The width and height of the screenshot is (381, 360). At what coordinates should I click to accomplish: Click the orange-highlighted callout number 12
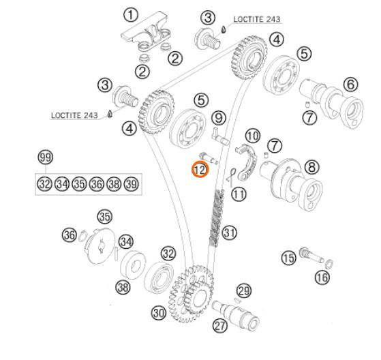pyautogui.click(x=200, y=169)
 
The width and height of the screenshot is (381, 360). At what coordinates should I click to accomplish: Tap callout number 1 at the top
pyautogui.click(x=131, y=15)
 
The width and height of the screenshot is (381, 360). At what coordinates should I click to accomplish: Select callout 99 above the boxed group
pyautogui.click(x=46, y=157)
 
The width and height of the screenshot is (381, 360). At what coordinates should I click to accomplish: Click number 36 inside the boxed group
pyautogui.click(x=97, y=184)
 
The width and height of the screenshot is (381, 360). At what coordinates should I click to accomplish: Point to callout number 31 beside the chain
pyautogui.click(x=230, y=232)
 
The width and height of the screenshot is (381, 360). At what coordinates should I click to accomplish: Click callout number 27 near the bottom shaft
pyautogui.click(x=220, y=325)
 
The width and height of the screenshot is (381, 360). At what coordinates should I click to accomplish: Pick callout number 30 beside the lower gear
pyautogui.click(x=159, y=312)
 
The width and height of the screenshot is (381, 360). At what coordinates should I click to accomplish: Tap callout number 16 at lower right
pyautogui.click(x=322, y=277)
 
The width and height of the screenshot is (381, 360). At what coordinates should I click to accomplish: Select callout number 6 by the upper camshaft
pyautogui.click(x=350, y=85)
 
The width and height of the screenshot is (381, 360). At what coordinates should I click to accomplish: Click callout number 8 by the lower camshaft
pyautogui.click(x=311, y=167)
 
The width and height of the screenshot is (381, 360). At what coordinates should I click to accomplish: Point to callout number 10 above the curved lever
pyautogui.click(x=253, y=136)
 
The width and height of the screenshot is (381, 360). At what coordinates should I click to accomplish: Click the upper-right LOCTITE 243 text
pyautogui.click(x=257, y=19)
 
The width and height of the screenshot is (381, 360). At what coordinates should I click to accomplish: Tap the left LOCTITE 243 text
pyautogui.click(x=74, y=115)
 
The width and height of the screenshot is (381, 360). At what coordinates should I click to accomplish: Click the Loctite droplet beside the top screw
pyautogui.click(x=224, y=29)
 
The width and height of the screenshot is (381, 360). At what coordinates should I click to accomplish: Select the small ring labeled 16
pyautogui.click(x=329, y=265)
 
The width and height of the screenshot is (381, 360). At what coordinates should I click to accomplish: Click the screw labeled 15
pyautogui.click(x=311, y=256)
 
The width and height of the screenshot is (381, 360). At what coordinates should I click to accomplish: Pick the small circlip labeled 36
pyautogui.click(x=83, y=235)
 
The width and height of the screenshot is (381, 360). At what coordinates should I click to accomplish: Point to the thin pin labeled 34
pyautogui.click(x=117, y=253)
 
